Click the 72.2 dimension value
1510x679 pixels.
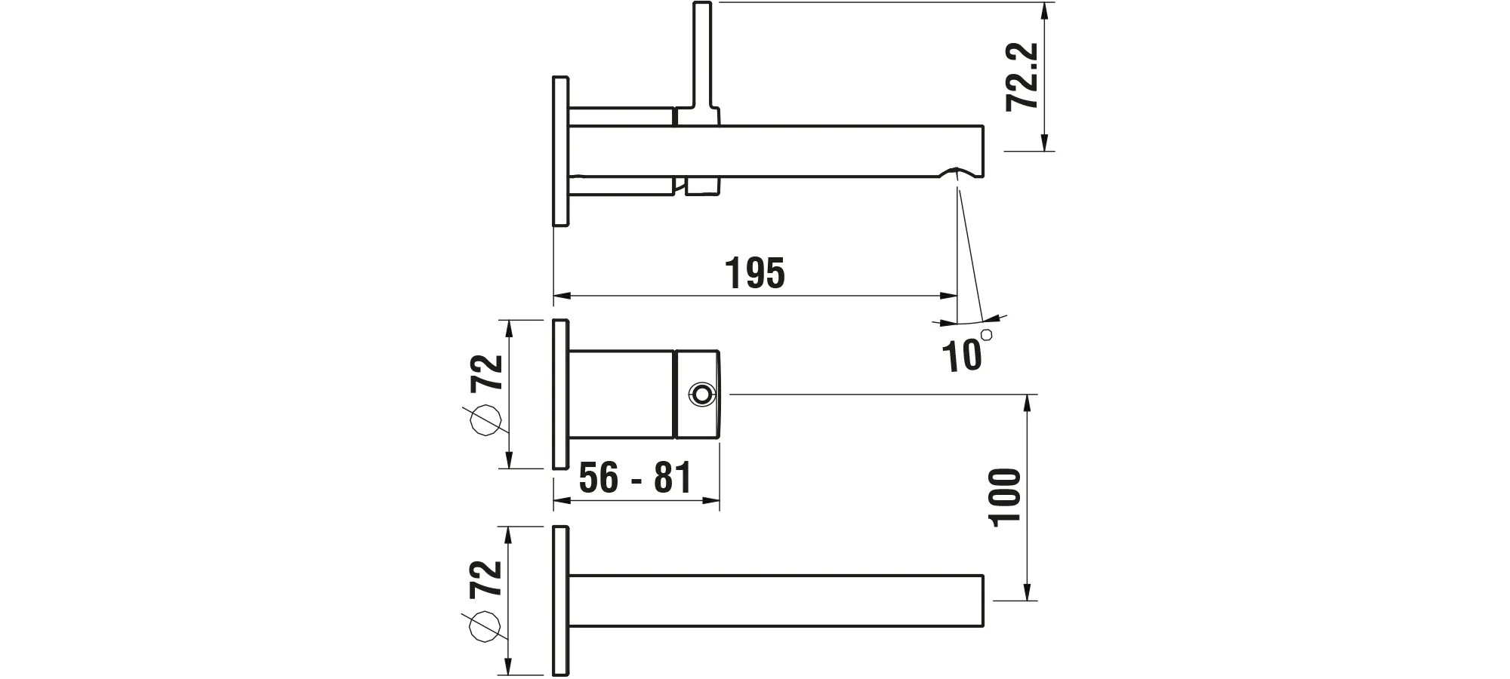1024,77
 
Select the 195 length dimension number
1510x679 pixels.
755,274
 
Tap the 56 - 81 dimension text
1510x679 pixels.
635,478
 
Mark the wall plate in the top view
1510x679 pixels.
560,151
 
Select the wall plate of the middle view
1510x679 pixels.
559,394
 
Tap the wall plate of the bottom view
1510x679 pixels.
559,600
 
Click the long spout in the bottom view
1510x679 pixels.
778,601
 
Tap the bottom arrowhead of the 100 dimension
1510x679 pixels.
1027,593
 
